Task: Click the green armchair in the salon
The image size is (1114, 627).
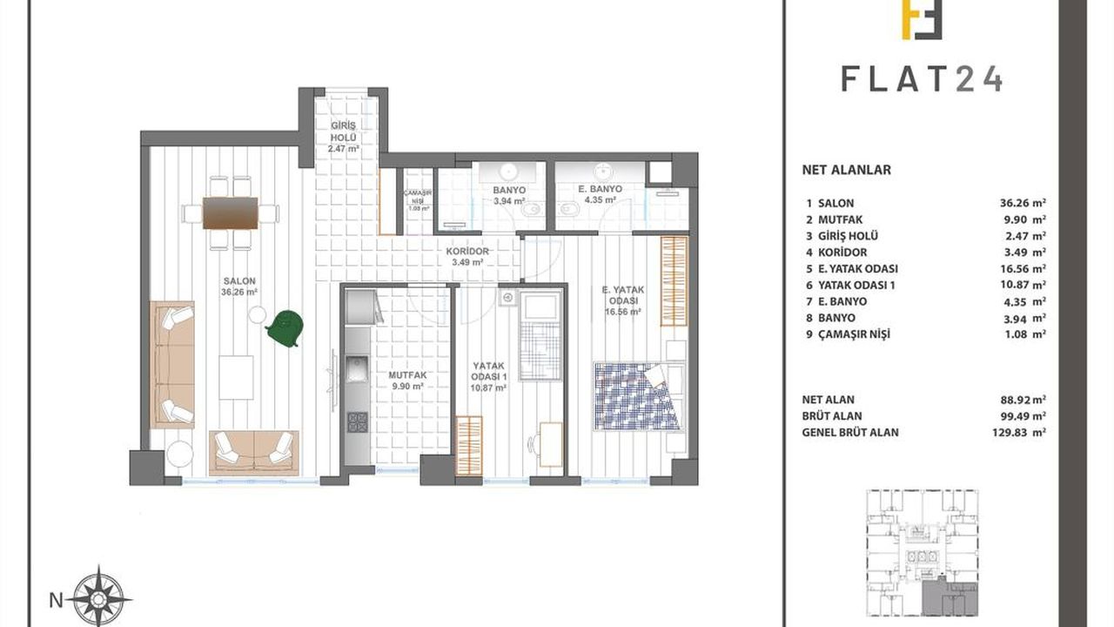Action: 285,327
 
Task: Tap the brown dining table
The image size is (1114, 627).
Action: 231,213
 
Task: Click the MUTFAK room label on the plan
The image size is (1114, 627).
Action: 407,375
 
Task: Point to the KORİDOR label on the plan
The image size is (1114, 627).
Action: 467,252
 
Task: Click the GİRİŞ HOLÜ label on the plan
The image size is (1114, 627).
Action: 343,131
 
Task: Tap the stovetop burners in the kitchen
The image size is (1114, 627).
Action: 357,422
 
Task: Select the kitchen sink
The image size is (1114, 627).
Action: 357,368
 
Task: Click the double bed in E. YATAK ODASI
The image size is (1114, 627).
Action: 639,396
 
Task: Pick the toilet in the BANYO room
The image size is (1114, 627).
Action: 531,210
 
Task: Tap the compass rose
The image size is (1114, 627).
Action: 99,597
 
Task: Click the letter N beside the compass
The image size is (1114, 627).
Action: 57,601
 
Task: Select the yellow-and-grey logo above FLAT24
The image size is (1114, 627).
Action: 922,19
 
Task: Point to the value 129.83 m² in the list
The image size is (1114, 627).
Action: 1018,433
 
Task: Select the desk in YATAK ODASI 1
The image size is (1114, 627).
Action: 551,444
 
